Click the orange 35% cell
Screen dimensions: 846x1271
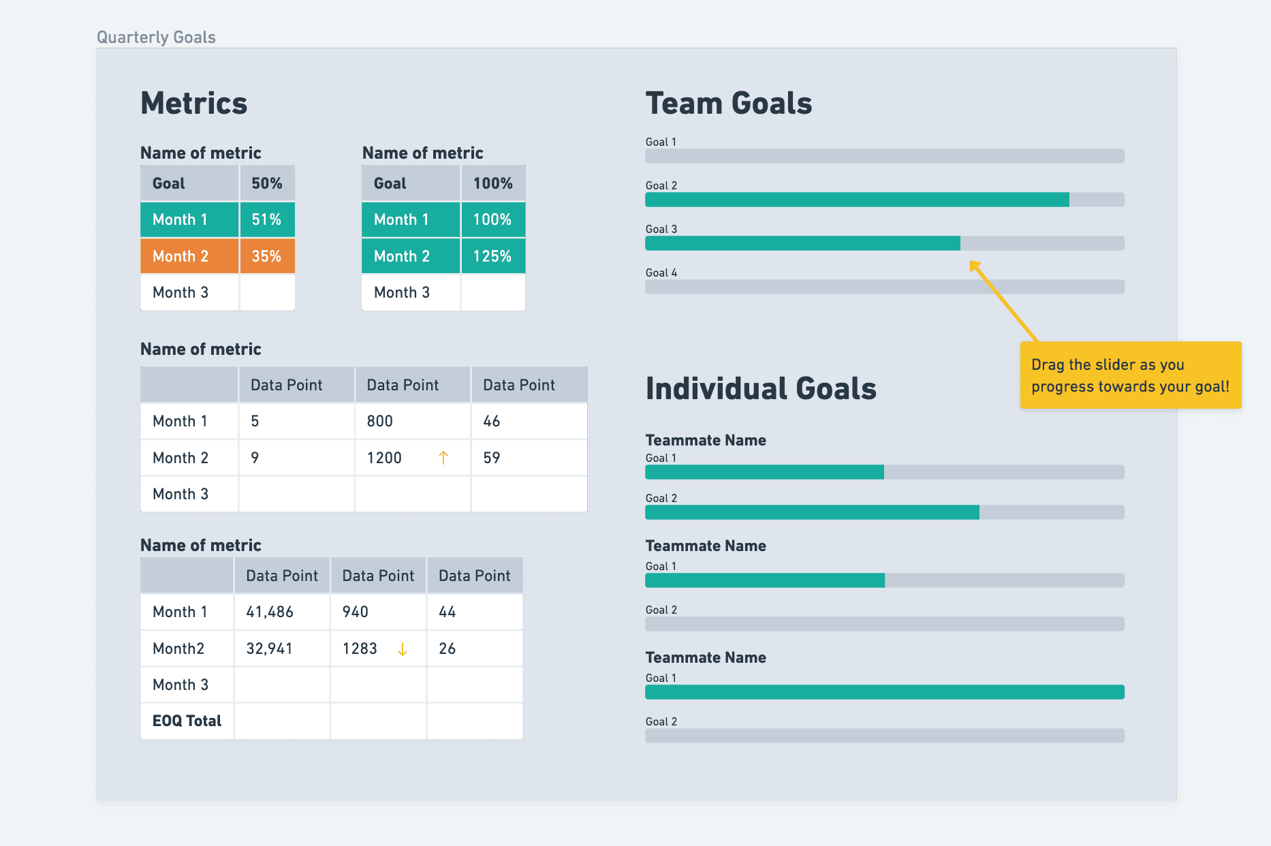[x=267, y=256]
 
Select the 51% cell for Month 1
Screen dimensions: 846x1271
[x=267, y=219]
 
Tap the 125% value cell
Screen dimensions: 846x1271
[x=492, y=256]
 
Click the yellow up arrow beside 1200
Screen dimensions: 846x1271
[x=443, y=458]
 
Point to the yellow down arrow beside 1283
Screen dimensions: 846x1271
[x=403, y=649]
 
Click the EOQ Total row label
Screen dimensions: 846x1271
[x=187, y=721]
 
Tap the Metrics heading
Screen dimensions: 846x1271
[x=194, y=104]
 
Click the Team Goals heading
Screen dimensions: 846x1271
[x=729, y=104]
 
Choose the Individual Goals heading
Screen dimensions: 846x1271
[x=761, y=388]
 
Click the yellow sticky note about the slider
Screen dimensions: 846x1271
[x=1130, y=375]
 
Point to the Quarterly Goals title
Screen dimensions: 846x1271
[x=156, y=37]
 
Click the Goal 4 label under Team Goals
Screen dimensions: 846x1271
[x=661, y=272]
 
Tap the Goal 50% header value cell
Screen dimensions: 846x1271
[x=267, y=183]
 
